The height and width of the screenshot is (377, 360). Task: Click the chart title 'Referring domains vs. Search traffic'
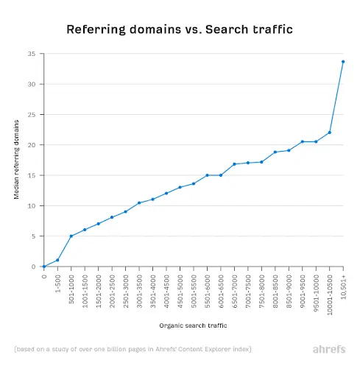point(180,29)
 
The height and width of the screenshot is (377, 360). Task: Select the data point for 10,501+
point(343,62)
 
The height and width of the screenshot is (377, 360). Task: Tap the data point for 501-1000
point(71,236)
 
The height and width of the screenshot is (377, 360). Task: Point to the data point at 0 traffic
point(44,267)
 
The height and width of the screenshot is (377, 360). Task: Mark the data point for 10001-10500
point(330,133)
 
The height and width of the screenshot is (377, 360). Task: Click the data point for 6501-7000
point(234,164)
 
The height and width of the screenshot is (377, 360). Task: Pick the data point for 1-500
point(57,260)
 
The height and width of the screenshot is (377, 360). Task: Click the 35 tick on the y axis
point(32,54)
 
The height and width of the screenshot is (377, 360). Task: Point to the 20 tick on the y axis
point(32,145)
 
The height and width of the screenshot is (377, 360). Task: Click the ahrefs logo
point(328,348)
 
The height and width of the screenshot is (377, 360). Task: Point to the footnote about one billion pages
point(133,348)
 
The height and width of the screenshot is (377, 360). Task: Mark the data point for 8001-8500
point(275,152)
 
